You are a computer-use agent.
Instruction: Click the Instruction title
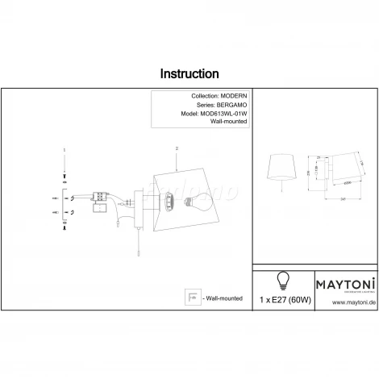pyautogui.click(x=189, y=74)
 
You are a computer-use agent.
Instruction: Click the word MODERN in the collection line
pyautogui.click(x=227, y=96)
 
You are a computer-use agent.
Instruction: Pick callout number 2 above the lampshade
pyautogui.click(x=175, y=149)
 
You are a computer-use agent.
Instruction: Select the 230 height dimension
pyautogui.click(x=308, y=173)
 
